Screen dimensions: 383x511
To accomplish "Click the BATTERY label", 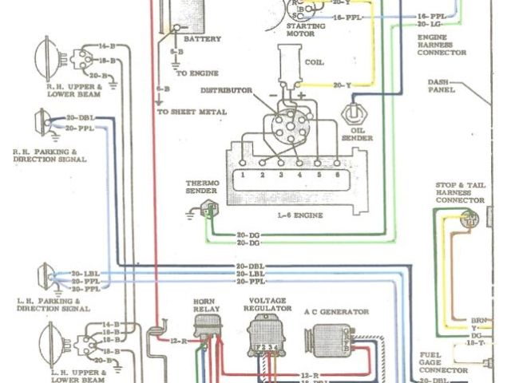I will [203, 38].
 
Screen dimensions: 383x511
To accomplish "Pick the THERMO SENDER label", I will [201, 188].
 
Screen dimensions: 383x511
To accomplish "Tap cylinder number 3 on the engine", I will [281, 173].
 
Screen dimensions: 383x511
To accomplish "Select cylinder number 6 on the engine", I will [338, 173].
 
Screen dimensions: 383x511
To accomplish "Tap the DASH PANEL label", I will [441, 85].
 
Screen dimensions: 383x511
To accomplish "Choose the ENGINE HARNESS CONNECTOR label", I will [441, 41].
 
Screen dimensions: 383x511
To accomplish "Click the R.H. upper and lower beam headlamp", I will [50, 57].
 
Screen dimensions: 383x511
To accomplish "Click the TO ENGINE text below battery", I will [193, 73].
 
